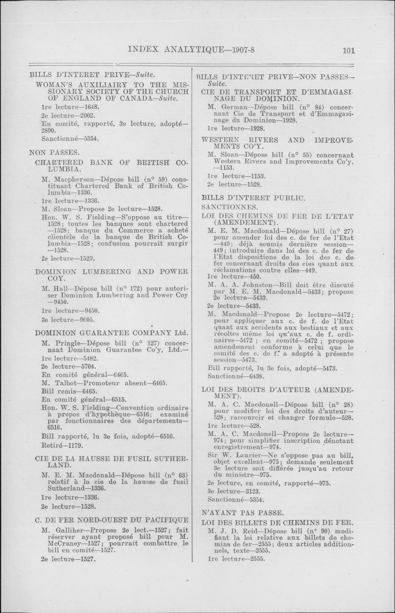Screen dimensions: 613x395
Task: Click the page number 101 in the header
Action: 348,50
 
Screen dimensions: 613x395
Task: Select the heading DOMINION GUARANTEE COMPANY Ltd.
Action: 112,333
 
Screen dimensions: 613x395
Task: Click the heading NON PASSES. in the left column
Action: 54,153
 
